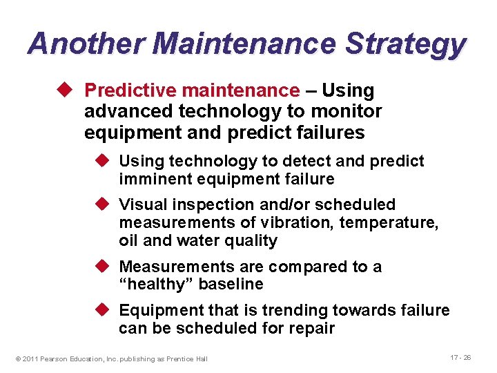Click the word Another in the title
click(86, 43)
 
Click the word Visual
click(141, 204)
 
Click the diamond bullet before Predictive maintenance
click(66, 90)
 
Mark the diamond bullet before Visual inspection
click(101, 204)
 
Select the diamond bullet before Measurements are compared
click(101, 267)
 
